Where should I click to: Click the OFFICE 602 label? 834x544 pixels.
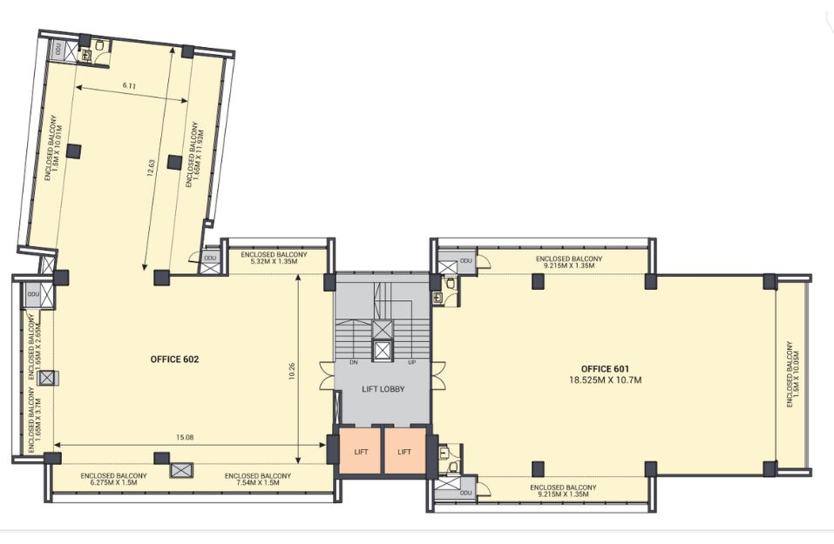[174, 359]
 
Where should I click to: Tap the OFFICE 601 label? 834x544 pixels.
[605, 369]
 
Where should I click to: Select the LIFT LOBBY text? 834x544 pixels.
[383, 389]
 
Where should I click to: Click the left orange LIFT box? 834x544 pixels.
[361, 451]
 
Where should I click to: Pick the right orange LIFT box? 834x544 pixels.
[404, 451]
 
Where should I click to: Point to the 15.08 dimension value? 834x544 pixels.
[185, 437]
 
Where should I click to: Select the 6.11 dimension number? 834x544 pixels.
[130, 85]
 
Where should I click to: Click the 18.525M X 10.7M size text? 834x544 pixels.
[605, 379]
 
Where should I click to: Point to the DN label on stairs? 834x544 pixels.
[354, 362]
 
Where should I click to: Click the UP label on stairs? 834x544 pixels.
[411, 362]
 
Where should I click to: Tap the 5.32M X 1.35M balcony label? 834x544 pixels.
[274, 261]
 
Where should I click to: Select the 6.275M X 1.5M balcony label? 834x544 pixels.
[113, 483]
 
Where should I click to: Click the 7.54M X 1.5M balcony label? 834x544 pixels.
[257, 483]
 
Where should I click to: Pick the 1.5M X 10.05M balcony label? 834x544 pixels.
[797, 374]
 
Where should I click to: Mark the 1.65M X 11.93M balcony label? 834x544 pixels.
[196, 155]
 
